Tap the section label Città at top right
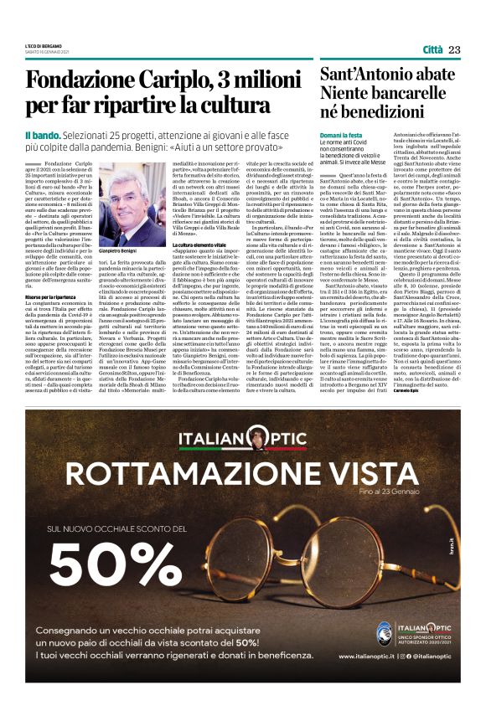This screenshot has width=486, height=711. [x=432, y=50]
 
